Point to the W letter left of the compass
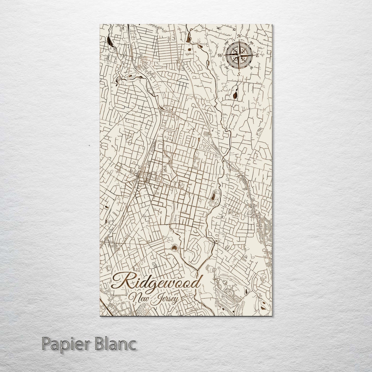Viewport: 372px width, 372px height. pos(220,55)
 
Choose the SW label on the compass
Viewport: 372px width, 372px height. pos(227,67)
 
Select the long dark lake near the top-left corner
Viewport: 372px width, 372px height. pos(110,41)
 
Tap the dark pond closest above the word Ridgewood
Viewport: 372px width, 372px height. pos(174,249)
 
